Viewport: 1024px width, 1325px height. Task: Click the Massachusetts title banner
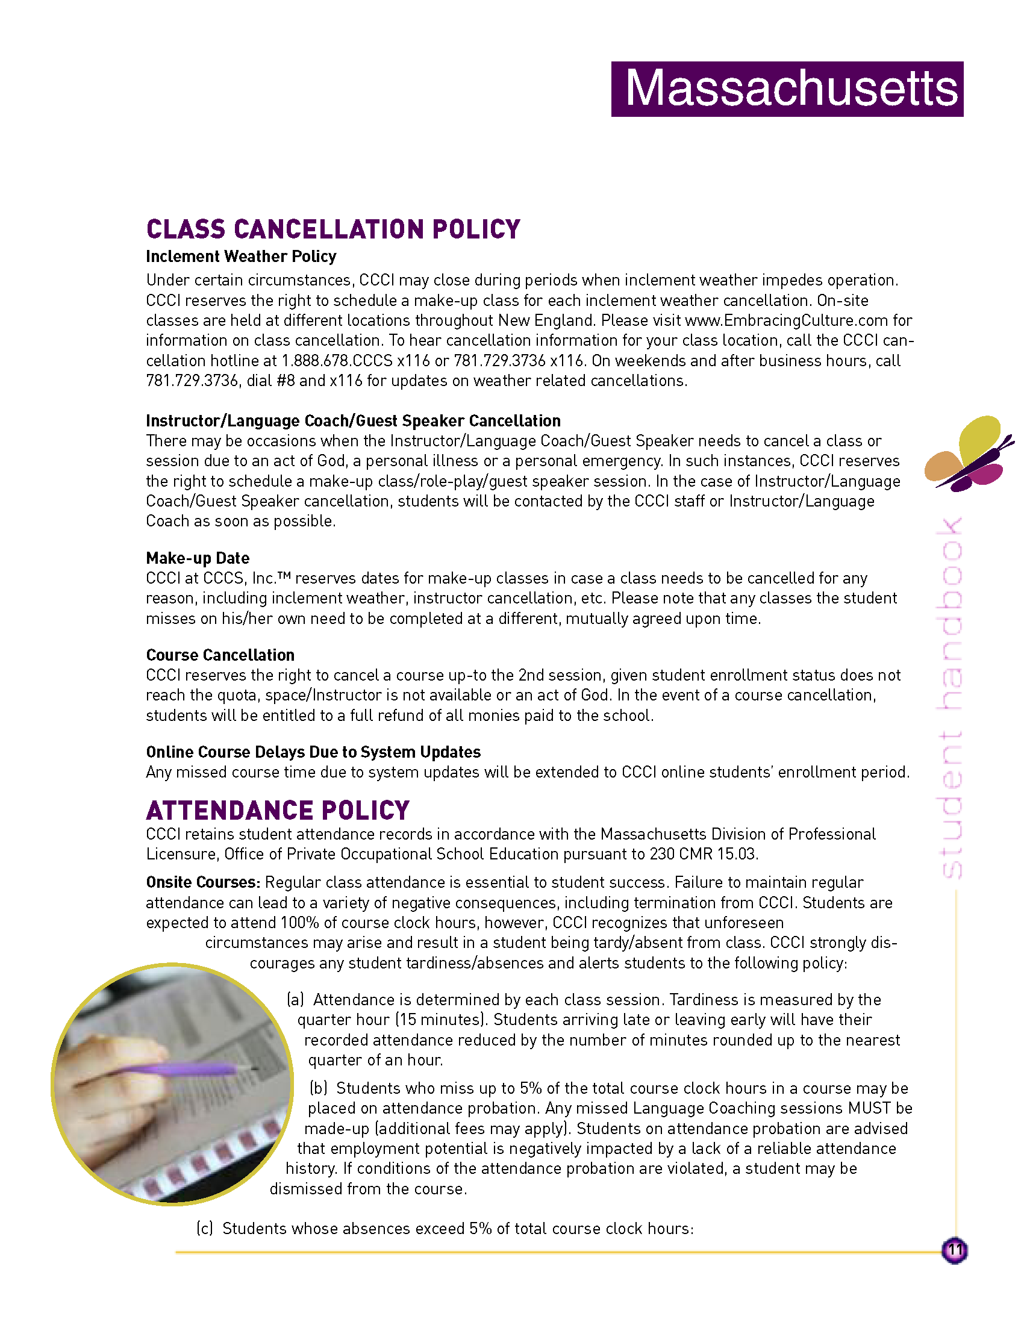point(787,89)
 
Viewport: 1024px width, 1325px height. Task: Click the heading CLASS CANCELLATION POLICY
point(333,229)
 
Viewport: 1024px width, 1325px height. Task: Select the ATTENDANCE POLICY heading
point(278,811)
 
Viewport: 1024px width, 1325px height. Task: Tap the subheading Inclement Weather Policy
point(241,257)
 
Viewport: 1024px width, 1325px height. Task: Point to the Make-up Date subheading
point(198,558)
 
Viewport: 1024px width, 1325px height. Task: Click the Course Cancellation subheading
point(220,655)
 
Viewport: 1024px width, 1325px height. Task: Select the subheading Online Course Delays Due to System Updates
point(313,752)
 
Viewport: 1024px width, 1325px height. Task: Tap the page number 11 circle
point(954,1250)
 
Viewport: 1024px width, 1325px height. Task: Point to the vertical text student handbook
point(949,697)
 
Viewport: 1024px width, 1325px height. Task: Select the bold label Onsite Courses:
point(202,882)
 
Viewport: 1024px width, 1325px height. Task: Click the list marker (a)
point(295,1000)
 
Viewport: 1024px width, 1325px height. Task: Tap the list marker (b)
point(319,1088)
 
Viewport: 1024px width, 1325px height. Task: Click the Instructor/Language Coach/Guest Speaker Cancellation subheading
point(353,421)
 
